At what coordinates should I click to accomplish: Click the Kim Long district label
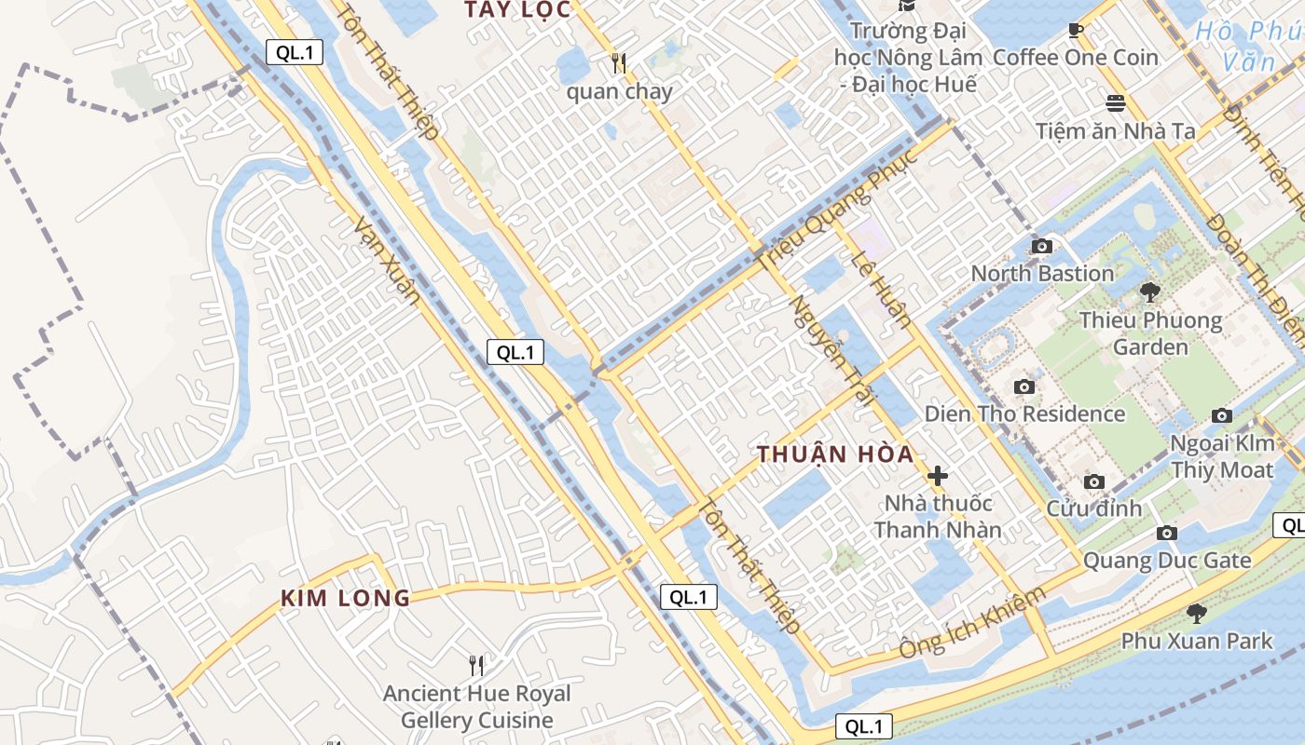pyautogui.click(x=345, y=599)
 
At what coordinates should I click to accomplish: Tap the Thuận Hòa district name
pyautogui.click(x=835, y=454)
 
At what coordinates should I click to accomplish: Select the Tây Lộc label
pyautogui.click(x=517, y=10)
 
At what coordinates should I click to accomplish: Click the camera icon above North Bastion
pyautogui.click(x=1042, y=246)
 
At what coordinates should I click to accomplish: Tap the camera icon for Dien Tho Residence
pyautogui.click(x=1023, y=386)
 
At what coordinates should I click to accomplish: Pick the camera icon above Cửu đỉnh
pyautogui.click(x=1093, y=481)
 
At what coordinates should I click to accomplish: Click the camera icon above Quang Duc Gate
pyautogui.click(x=1166, y=533)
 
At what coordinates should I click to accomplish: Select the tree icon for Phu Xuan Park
pyautogui.click(x=1196, y=613)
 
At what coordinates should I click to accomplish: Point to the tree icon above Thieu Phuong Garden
pyautogui.click(x=1150, y=291)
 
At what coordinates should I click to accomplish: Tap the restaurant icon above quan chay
pyautogui.click(x=619, y=63)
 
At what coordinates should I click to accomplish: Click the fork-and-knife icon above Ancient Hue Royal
pyautogui.click(x=476, y=665)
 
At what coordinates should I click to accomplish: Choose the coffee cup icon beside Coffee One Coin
pyautogui.click(x=1075, y=30)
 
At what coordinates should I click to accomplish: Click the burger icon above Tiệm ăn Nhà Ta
pyautogui.click(x=1116, y=102)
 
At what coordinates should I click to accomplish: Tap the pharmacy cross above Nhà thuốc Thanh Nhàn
pyautogui.click(x=938, y=475)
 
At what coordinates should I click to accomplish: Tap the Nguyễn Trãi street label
pyautogui.click(x=830, y=350)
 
